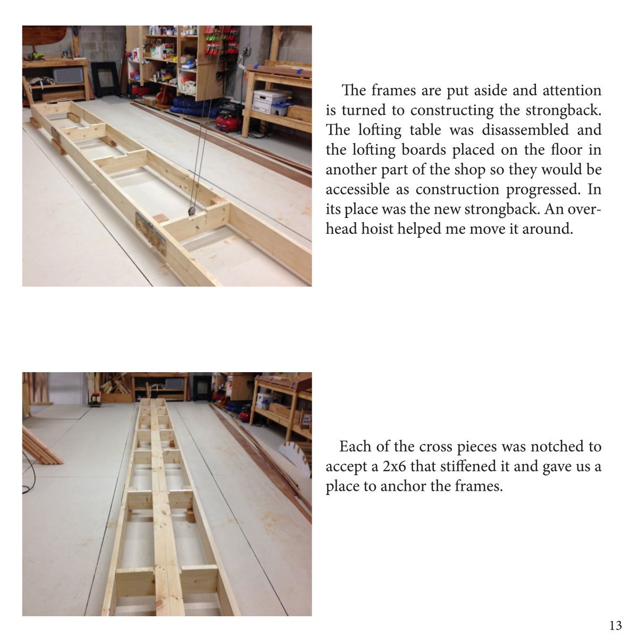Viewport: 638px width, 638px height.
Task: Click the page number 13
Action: click(x=616, y=625)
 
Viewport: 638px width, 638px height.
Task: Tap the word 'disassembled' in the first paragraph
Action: click(x=525, y=130)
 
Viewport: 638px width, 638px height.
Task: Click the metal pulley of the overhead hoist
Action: click(x=192, y=212)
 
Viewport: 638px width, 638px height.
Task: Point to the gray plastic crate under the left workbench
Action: click(x=68, y=75)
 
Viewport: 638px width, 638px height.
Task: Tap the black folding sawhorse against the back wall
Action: click(x=105, y=80)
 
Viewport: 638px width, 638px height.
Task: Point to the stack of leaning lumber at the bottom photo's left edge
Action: click(x=40, y=445)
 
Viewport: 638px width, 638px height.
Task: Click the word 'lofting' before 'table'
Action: click(x=380, y=130)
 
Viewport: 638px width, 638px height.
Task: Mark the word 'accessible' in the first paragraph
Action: click(x=367, y=189)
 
